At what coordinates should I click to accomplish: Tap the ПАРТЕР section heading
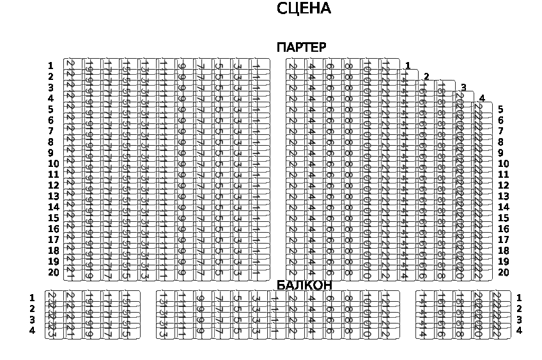click(x=301, y=48)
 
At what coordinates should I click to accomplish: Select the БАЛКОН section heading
click(x=304, y=285)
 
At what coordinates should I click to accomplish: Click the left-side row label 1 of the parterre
click(x=50, y=66)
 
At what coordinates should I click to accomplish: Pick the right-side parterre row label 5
click(x=500, y=109)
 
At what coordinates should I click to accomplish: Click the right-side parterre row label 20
click(x=503, y=272)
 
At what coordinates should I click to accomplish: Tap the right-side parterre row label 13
click(x=503, y=196)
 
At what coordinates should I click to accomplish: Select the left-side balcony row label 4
click(x=32, y=331)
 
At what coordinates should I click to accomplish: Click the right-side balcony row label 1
click(x=519, y=298)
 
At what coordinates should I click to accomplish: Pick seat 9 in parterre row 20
click(x=182, y=273)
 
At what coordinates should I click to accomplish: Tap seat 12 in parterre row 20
click(x=385, y=273)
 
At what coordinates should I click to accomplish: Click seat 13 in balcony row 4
click(x=163, y=331)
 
